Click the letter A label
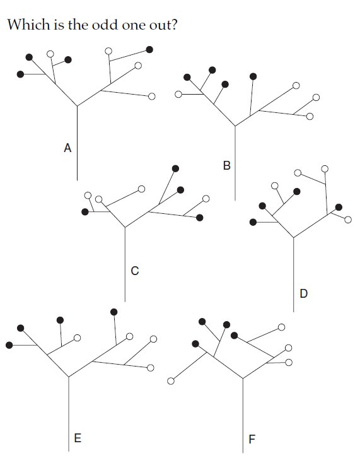[67, 148]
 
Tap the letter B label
[227, 165]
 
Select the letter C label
[135, 271]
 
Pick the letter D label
[303, 293]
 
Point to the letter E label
[78, 438]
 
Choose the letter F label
[252, 439]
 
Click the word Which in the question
[28, 24]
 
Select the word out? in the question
[163, 24]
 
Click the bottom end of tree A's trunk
[77, 180]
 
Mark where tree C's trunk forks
[125, 227]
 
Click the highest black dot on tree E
[114, 312]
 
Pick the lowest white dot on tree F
[171, 381]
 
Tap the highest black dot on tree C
[175, 168]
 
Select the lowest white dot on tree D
[348, 220]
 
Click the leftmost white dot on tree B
[178, 95]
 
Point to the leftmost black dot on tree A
[20, 74]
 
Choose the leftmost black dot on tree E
[9, 345]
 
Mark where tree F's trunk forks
[243, 379]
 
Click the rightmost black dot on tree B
[253, 76]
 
